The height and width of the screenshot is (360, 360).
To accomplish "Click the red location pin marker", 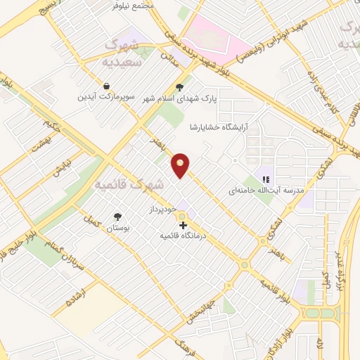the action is pyautogui.click(x=181, y=165).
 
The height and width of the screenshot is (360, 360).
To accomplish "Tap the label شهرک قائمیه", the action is pyautogui.click(x=138, y=185).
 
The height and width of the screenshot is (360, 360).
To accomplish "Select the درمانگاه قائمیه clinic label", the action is pyautogui.click(x=182, y=236).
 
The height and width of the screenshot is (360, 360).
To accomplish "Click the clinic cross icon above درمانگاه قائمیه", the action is pyautogui.click(x=183, y=225).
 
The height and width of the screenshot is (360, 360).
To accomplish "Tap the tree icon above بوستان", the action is pyautogui.click(x=117, y=217).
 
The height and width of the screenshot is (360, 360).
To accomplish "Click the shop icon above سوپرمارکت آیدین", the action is pyautogui.click(x=105, y=86).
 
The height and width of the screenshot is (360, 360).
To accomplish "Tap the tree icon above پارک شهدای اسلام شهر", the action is pyautogui.click(x=180, y=88).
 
